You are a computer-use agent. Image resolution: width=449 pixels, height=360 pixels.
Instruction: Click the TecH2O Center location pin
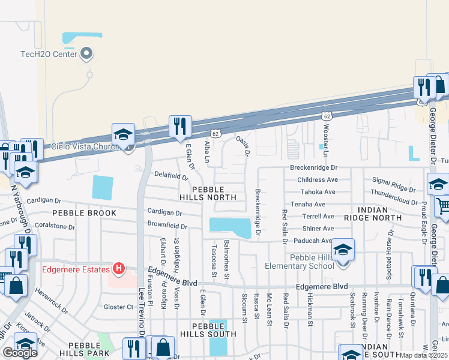(87, 53)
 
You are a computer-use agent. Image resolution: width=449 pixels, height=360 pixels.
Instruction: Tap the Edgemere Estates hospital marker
(119, 269)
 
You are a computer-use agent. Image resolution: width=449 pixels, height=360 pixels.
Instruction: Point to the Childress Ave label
(318, 179)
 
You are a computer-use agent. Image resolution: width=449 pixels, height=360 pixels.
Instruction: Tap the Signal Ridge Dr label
(394, 181)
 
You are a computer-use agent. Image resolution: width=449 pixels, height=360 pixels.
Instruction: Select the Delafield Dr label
(171, 178)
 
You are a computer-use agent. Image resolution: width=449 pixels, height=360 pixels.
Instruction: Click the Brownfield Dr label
(167, 226)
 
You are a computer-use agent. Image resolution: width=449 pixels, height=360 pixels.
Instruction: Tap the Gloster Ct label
(118, 307)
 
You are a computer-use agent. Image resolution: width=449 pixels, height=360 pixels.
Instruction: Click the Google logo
(20, 352)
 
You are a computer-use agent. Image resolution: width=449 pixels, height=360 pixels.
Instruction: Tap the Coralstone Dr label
(53, 227)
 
